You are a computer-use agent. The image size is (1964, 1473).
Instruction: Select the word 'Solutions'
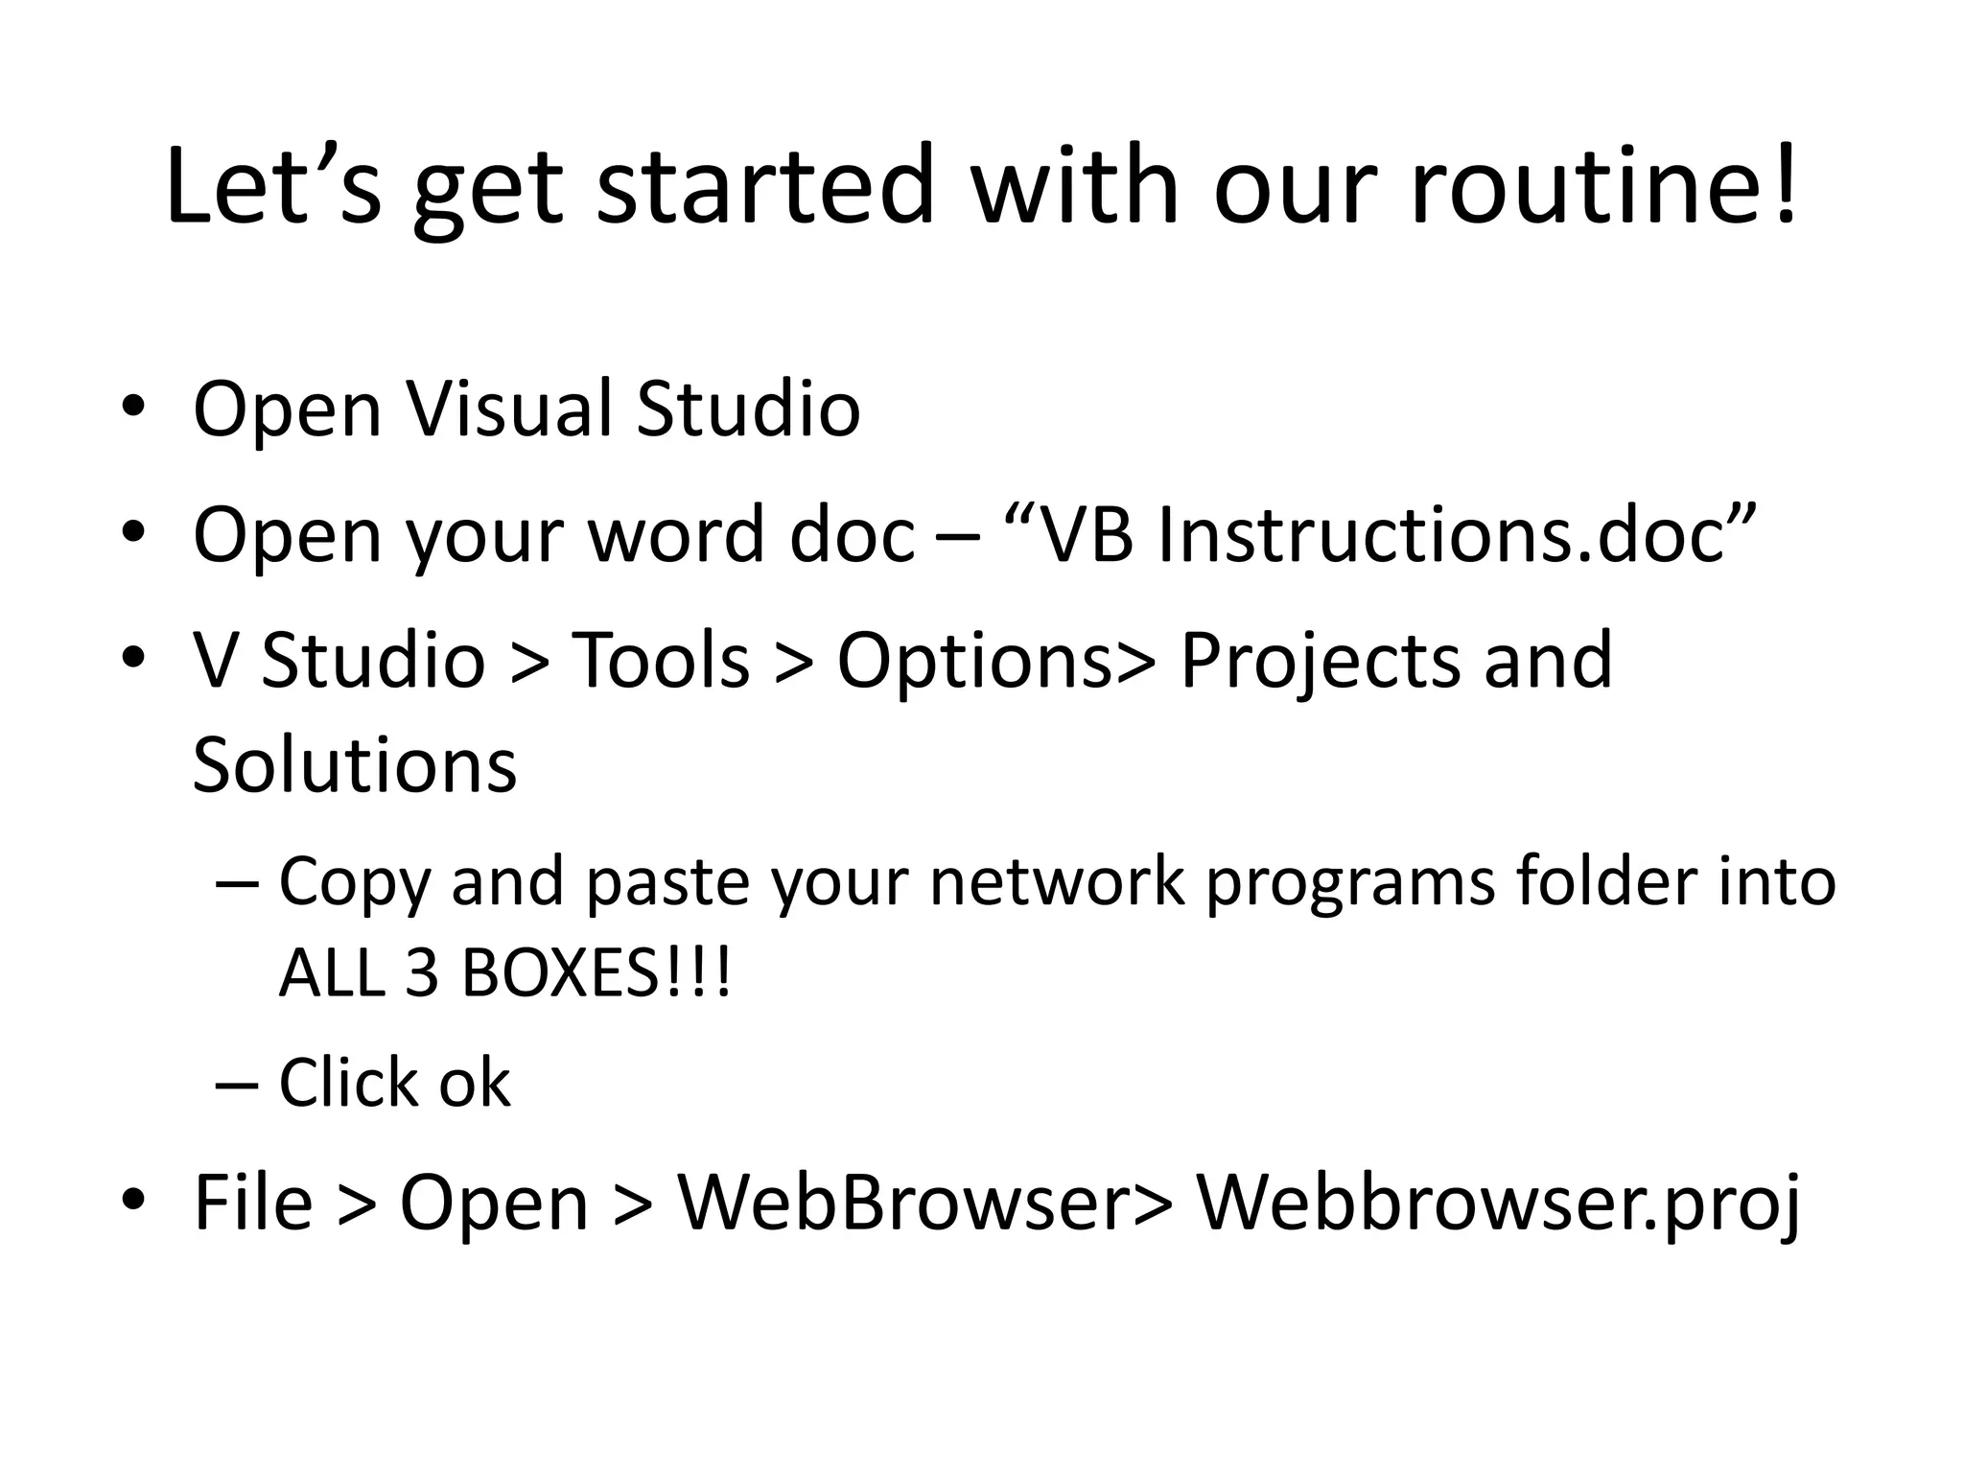coord(355,765)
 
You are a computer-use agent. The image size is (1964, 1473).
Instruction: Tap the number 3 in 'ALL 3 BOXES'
coord(421,972)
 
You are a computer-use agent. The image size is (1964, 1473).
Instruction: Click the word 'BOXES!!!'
coord(596,972)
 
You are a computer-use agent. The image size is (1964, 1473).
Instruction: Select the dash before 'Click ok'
coord(238,1085)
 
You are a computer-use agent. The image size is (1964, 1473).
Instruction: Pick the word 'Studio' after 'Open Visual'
coord(748,409)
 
